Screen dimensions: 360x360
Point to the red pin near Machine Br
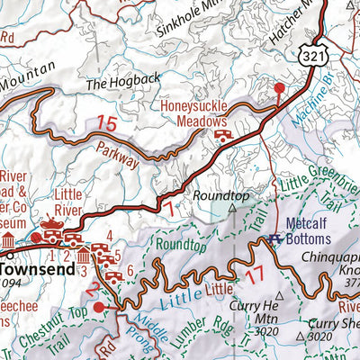(279, 87)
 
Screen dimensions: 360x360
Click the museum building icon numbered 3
(84, 259)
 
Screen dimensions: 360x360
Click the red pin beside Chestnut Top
(110, 307)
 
